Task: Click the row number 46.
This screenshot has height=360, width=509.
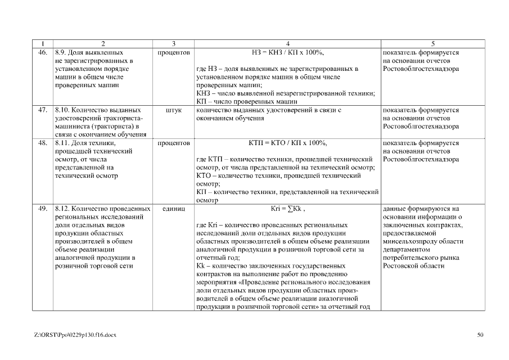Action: pyautogui.click(x=42, y=52)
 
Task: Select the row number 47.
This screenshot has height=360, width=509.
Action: pyautogui.click(x=42, y=110)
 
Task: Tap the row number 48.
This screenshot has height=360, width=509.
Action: pyautogui.click(x=42, y=143)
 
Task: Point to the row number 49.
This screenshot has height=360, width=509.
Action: pyautogui.click(x=42, y=208)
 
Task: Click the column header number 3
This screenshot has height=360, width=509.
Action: pyautogui.click(x=174, y=43)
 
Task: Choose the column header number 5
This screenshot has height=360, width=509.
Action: pyautogui.click(x=433, y=43)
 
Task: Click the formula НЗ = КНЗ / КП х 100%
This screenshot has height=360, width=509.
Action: pyautogui.click(x=287, y=52)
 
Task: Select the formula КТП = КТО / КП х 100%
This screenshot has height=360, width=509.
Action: pyautogui.click(x=287, y=143)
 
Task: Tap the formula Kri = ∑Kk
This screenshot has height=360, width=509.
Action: pyautogui.click(x=287, y=208)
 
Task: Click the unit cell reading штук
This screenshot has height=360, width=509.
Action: pyautogui.click(x=174, y=110)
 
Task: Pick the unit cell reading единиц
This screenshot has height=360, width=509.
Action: pyautogui.click(x=174, y=208)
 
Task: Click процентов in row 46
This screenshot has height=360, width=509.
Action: pyautogui.click(x=174, y=52)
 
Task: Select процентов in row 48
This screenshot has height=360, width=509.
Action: pyautogui.click(x=174, y=143)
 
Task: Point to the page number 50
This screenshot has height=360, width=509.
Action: pyautogui.click(x=480, y=335)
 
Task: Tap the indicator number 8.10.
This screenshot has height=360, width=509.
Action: pyautogui.click(x=61, y=110)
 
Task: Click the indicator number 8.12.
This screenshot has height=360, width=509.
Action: pyautogui.click(x=61, y=208)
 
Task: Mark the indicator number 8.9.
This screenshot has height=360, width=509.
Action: pyautogui.click(x=60, y=52)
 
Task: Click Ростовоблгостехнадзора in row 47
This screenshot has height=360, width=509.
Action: pyautogui.click(x=420, y=127)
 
